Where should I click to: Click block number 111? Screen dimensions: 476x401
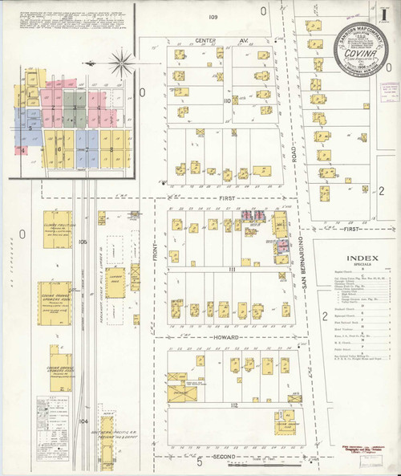231,270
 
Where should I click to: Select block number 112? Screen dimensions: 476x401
233,406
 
